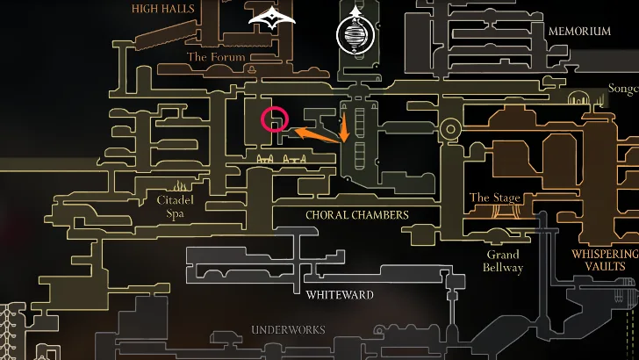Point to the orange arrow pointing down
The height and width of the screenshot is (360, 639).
click(x=344, y=127)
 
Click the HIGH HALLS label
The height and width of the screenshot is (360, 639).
click(x=162, y=9)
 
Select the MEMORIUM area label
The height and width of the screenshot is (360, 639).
click(x=579, y=31)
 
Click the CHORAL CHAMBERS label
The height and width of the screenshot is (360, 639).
click(x=357, y=214)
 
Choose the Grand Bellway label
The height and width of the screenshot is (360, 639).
click(x=505, y=261)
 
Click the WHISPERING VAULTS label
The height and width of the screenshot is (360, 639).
click(x=604, y=260)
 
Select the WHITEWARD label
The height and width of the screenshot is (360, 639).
click(x=340, y=295)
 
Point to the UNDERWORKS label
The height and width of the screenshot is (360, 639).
click(x=288, y=330)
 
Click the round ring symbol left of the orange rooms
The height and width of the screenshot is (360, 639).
click(x=450, y=131)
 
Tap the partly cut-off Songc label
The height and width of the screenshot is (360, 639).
click(x=623, y=90)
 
